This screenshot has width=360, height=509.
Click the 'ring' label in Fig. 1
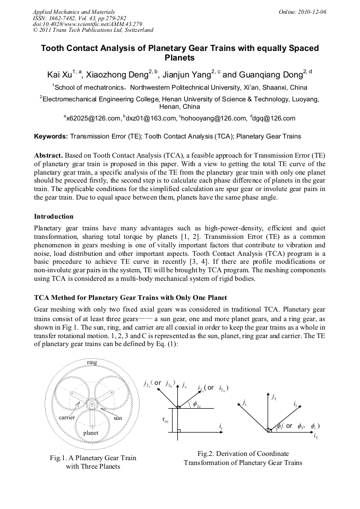click(x=92, y=362)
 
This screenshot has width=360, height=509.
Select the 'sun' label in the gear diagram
click(x=118, y=418)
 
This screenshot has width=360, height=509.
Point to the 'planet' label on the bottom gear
click(x=91, y=433)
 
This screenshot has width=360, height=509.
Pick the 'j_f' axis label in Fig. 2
click(x=273, y=396)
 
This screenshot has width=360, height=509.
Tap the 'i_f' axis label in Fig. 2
click(x=316, y=436)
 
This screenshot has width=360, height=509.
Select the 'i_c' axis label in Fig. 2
click(x=221, y=426)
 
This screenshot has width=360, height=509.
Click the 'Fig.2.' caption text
click(x=208, y=454)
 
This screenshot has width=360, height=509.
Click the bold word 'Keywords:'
click(x=51, y=136)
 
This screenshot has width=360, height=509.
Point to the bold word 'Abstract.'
click(x=49, y=155)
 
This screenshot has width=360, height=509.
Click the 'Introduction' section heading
click(x=54, y=217)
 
